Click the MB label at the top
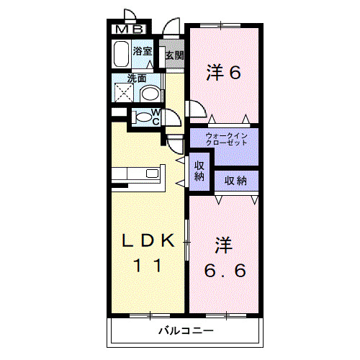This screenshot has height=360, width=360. (130, 30)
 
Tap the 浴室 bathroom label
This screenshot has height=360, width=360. (143, 51)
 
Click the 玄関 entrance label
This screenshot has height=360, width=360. (174, 55)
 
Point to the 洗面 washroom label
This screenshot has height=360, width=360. (138, 78)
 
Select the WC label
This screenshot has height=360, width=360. (156, 117)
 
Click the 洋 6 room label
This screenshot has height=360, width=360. (222, 72)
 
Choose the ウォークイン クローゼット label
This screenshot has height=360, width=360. (226, 139)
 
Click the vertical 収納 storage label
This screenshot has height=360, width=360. (199, 171)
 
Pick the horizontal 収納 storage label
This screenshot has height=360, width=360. (236, 180)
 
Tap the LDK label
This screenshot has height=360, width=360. (148, 242)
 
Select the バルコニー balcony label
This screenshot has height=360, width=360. (186, 332)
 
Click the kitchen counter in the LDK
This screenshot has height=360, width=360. (138, 174)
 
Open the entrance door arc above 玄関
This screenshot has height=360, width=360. (171, 27)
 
